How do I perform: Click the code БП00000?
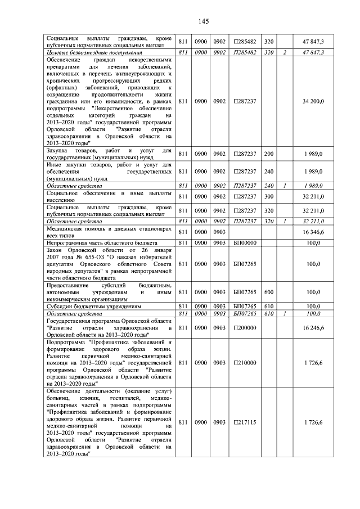[244, 242]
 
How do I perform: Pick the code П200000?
[244, 326]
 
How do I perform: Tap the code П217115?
[244, 422]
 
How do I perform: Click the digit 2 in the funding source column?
[285, 52]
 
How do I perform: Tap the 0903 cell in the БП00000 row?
[219, 242]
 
